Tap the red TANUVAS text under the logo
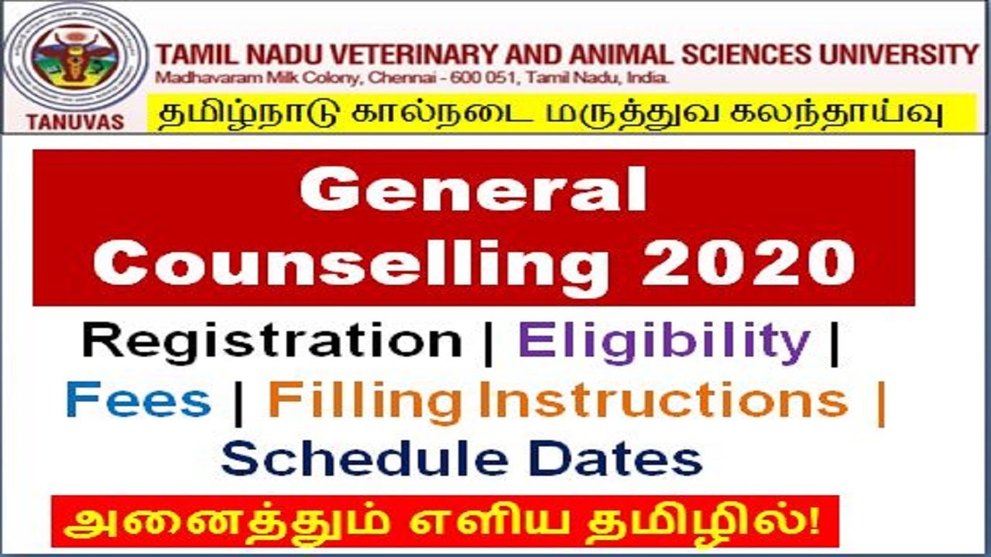pos(74,122)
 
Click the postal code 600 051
pos(465,78)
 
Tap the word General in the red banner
pos(473,191)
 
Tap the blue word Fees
pos(139,401)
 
